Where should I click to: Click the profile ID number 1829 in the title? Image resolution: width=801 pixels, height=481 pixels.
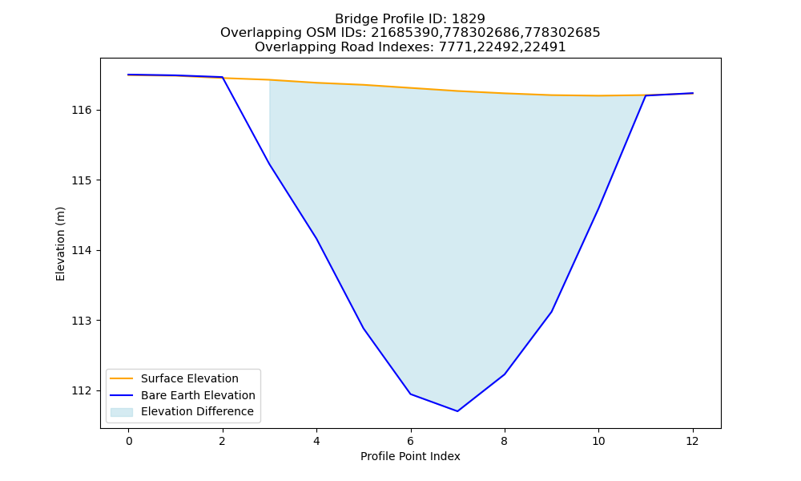coord(469,19)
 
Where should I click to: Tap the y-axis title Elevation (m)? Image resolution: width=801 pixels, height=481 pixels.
coord(60,244)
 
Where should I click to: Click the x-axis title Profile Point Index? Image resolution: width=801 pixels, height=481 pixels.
coord(410,456)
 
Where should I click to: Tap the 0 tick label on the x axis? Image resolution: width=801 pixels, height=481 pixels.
coord(129,441)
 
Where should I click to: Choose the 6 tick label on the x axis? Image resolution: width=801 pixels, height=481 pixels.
coord(411,441)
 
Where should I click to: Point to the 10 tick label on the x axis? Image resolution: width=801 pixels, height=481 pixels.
coord(598,441)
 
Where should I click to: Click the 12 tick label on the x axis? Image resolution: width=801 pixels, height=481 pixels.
coord(693,441)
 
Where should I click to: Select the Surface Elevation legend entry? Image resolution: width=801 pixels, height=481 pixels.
coord(174,378)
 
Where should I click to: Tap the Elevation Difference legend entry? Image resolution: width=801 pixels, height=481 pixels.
coord(182,411)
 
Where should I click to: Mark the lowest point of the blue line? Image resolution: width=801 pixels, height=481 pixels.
coord(457,411)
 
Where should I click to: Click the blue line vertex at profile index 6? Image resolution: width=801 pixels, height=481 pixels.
coord(411,394)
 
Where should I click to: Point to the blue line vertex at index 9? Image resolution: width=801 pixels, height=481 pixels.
coord(552,311)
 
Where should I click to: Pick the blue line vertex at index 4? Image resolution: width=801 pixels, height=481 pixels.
coord(316,238)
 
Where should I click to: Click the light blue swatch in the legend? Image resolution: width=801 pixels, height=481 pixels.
coord(122,412)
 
